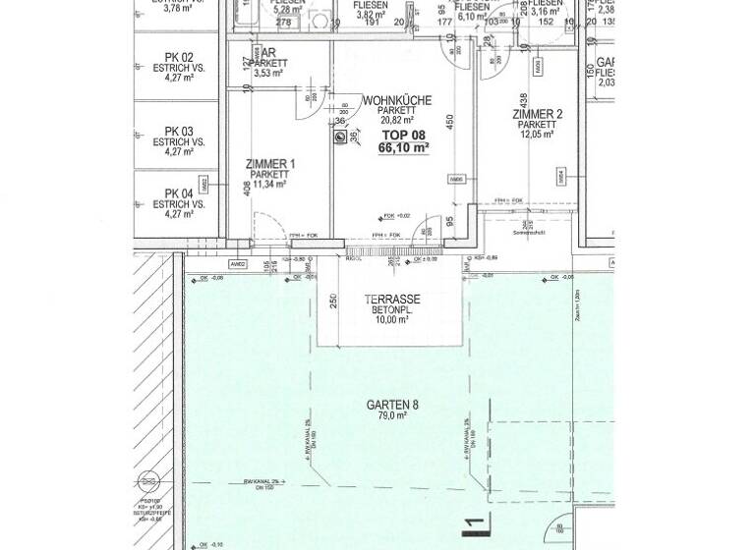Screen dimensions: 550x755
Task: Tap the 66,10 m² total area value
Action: coord(404,148)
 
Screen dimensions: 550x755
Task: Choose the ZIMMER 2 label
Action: coord(537,115)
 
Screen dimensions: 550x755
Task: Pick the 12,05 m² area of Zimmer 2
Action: coord(537,136)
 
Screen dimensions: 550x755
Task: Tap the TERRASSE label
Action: coord(392,299)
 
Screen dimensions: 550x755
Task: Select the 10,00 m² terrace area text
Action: coord(392,319)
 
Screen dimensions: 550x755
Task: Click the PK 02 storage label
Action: coord(179,56)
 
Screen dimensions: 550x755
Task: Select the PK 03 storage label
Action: coord(179,130)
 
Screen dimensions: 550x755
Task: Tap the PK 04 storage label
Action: coord(179,193)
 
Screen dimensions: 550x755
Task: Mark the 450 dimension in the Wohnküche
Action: coord(450,121)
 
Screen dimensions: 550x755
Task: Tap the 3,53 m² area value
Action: coord(267,73)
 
